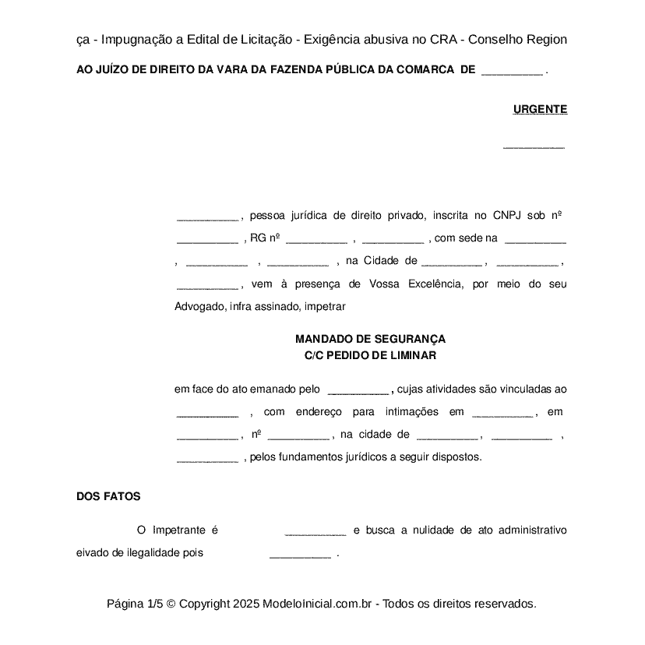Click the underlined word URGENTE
pos(540,110)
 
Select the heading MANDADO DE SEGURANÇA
pos(370,340)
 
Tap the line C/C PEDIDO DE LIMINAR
pos(370,355)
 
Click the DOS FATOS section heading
pos(108,496)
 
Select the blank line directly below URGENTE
pos(534,146)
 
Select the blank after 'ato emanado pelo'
pos(358,390)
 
